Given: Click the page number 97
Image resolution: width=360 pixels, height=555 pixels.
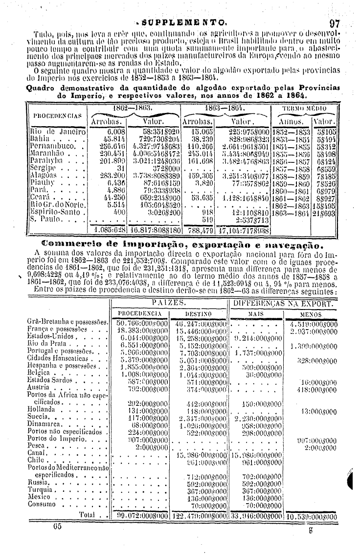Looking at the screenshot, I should click(x=335, y=23).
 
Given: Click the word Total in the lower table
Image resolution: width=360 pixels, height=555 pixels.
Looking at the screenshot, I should click(x=86, y=514).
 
